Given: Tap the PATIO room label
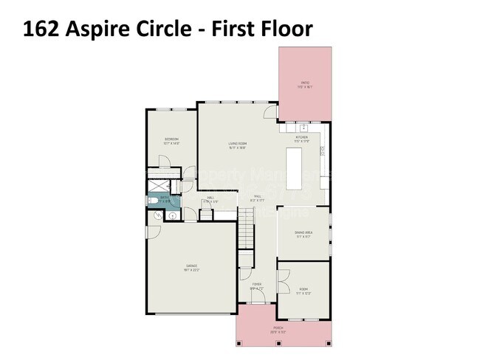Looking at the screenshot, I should [x=304, y=83].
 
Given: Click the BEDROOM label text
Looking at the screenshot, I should [x=171, y=139].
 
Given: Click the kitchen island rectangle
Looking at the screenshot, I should [x=295, y=167].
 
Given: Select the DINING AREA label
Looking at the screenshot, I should [x=304, y=232].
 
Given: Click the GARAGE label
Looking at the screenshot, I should [x=191, y=266].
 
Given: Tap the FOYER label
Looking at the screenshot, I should [x=256, y=284].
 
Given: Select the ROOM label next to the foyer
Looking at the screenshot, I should [x=304, y=289].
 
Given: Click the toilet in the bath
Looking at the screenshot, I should [x=152, y=200].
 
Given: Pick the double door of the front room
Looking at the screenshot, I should [x=283, y=284].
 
